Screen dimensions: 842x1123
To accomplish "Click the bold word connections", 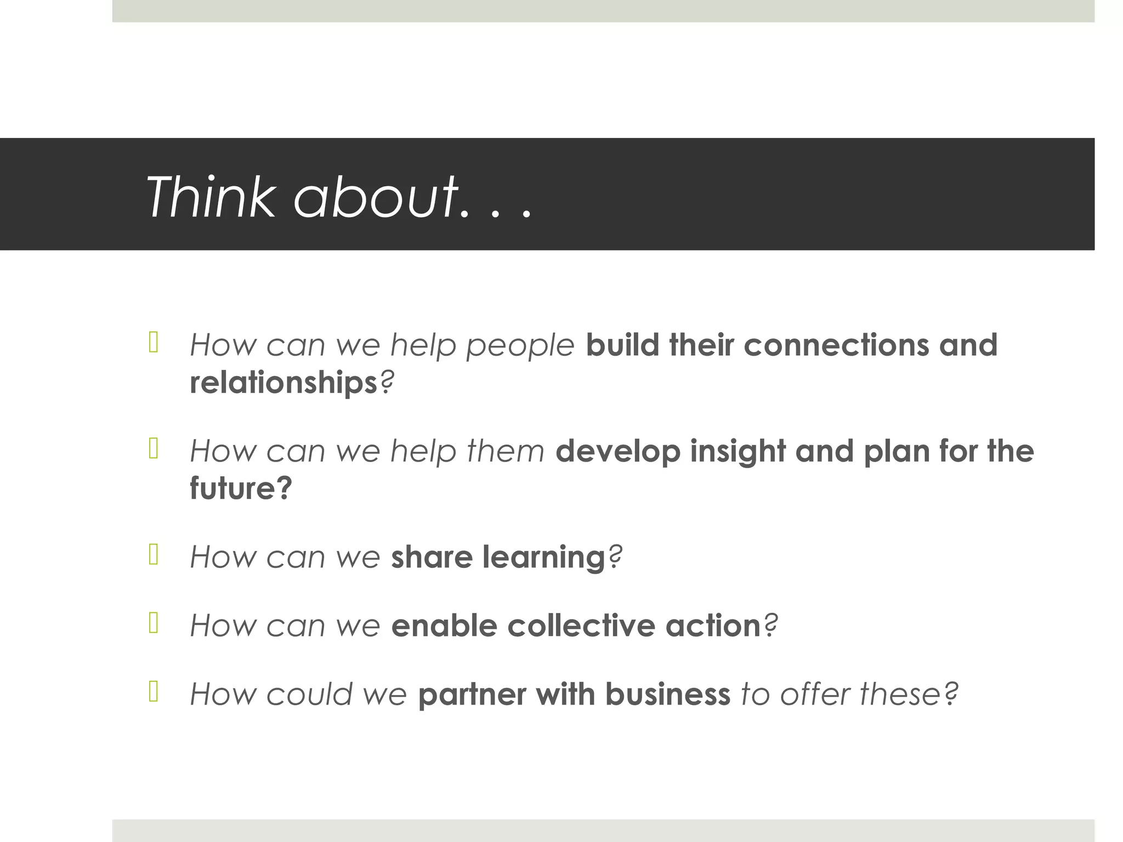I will click(x=836, y=345).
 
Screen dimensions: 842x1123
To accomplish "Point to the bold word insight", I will click(x=738, y=452).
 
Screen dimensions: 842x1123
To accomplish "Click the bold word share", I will click(x=432, y=557).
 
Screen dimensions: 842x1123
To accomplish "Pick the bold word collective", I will click(x=581, y=625).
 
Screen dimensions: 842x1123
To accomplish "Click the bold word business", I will click(x=667, y=695).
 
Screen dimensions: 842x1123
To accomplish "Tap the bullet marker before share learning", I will click(x=154, y=555).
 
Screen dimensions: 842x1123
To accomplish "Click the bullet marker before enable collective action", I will click(x=154, y=623).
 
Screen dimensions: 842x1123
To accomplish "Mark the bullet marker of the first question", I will click(x=154, y=343).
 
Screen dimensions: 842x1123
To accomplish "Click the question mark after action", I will click(x=770, y=625).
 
